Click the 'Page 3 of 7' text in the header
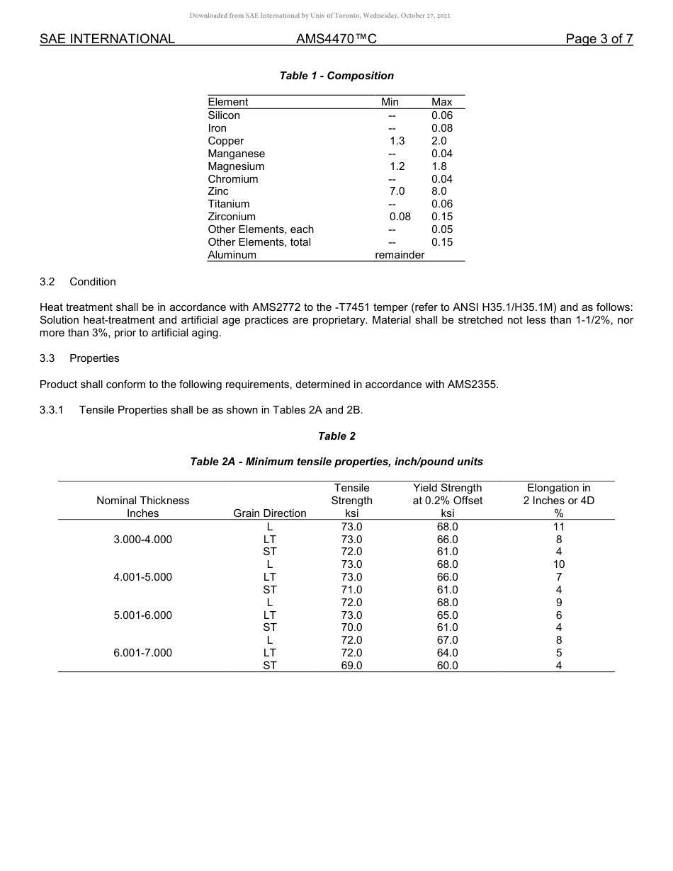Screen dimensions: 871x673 pos(599,39)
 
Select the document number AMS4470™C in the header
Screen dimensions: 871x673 pos(336,39)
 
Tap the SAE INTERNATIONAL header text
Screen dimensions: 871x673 pos(107,39)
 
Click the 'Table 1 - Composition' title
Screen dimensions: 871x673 pos(336,76)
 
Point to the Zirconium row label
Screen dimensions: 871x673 pos(232,217)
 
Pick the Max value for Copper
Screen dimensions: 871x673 pos(439,141)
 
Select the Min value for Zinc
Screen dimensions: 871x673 pos(397,191)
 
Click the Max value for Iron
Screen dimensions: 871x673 pos(442,128)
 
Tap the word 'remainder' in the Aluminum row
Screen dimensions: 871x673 pos(400,255)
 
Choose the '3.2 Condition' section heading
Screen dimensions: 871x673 pos(78,282)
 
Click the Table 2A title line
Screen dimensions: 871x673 pos(336,462)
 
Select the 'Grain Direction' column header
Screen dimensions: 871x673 pos(270,513)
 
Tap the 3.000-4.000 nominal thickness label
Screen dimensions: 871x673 pos(142,540)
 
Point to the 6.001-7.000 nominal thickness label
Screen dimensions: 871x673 pos(142,653)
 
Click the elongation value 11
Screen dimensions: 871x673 pos(559,527)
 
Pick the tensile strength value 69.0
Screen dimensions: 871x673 pos(351,666)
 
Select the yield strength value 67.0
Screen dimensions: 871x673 pos(447,640)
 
